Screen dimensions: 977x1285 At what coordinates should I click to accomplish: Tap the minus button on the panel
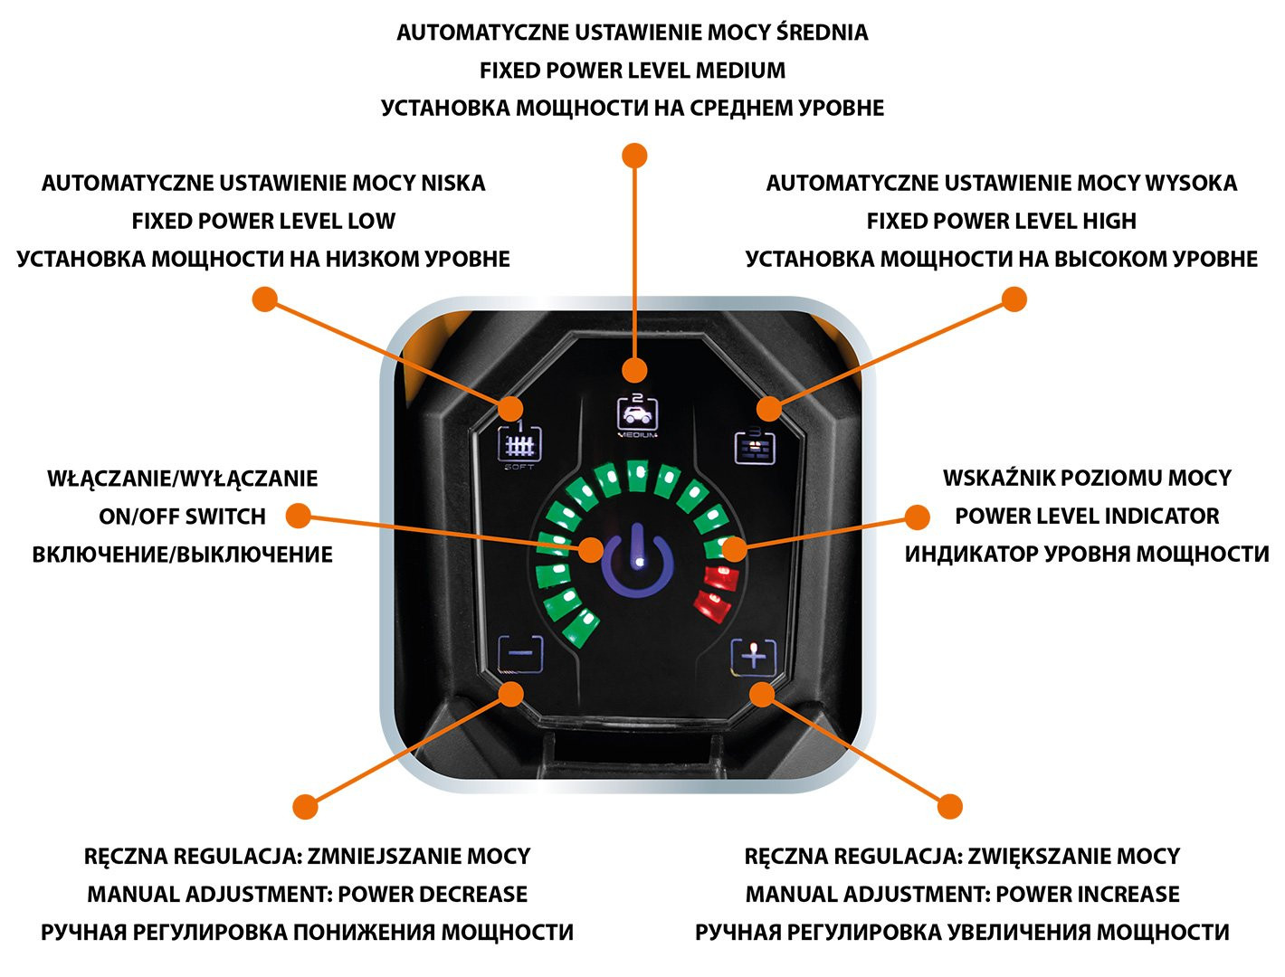(x=520, y=653)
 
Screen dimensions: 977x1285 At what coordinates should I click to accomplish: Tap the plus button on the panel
(x=754, y=655)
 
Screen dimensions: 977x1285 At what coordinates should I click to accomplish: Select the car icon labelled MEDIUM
(x=637, y=414)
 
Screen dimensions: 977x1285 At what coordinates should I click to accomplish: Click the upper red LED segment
(x=721, y=576)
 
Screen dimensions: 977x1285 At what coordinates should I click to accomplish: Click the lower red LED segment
(x=711, y=603)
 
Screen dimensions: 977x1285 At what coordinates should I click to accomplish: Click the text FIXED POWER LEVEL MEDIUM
(x=633, y=71)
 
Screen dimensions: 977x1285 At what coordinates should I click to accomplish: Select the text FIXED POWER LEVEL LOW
(x=263, y=222)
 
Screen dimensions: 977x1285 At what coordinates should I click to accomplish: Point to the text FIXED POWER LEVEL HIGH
(x=1001, y=222)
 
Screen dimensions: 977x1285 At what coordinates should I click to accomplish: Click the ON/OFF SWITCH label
(x=183, y=517)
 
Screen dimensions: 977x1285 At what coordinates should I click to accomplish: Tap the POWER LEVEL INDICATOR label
(x=1087, y=517)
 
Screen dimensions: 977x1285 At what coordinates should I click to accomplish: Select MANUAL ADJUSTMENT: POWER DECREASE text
(x=307, y=895)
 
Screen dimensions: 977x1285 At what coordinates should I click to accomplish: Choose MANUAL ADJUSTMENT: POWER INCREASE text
(x=962, y=895)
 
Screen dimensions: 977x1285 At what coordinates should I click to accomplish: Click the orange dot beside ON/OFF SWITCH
(x=298, y=517)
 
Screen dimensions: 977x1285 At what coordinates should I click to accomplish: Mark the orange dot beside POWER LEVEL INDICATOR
(x=917, y=517)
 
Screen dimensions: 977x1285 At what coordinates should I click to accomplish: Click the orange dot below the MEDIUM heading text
(x=635, y=156)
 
